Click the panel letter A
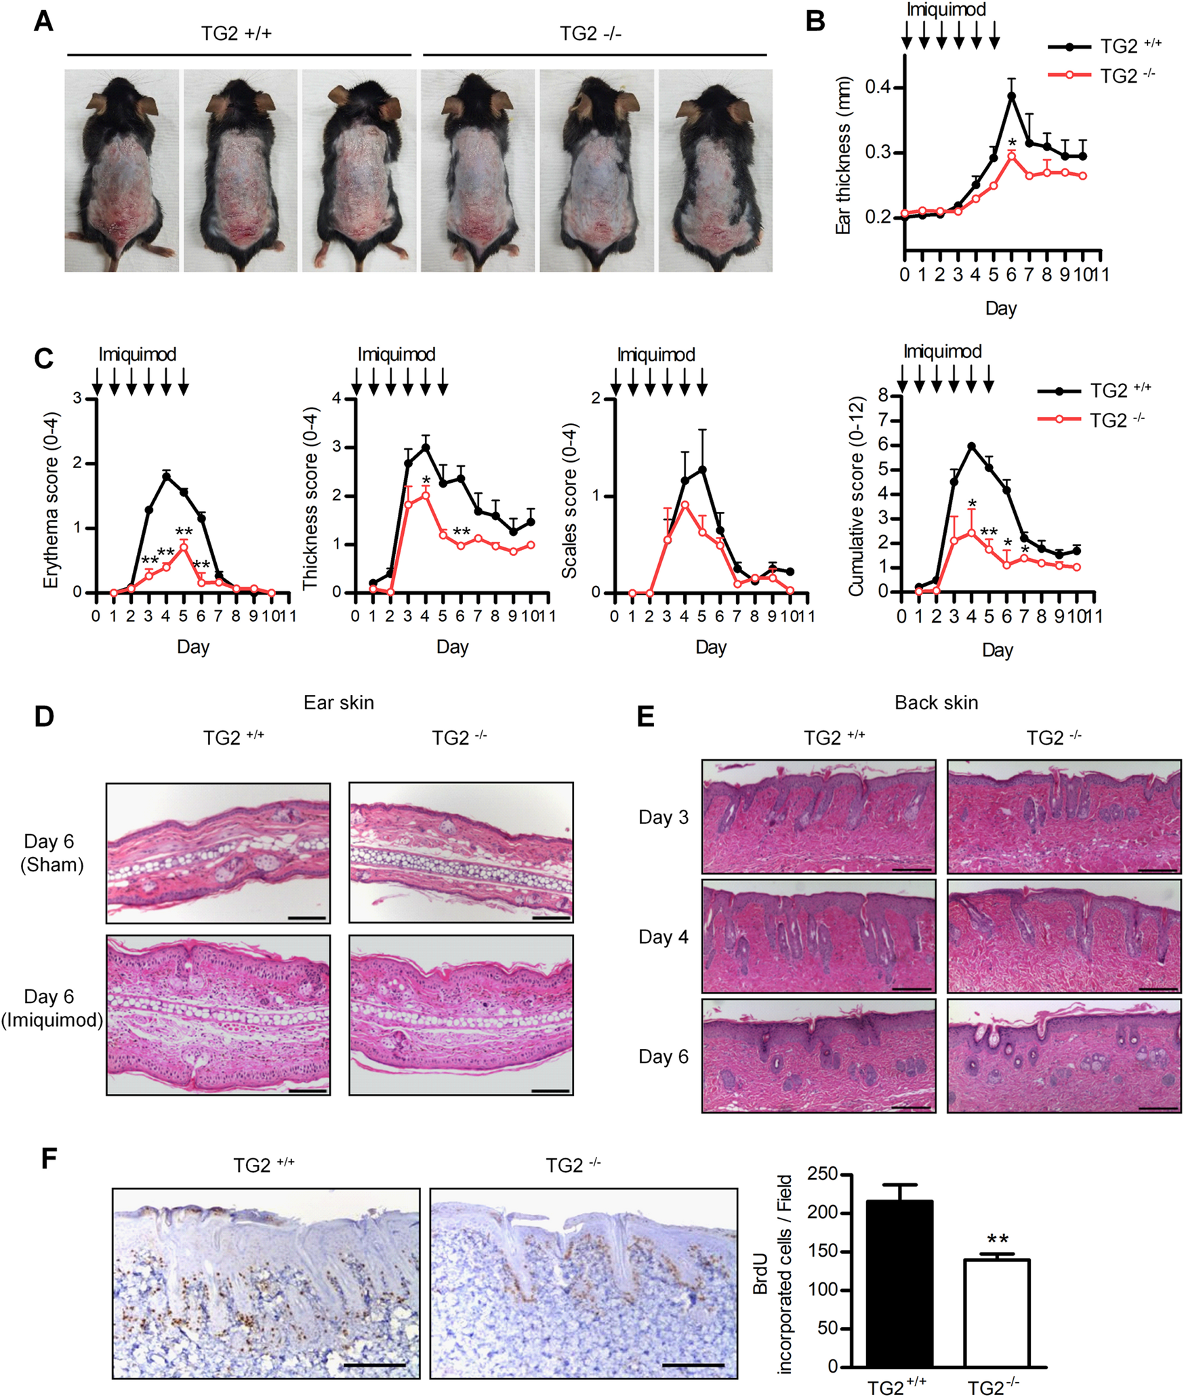[43, 22]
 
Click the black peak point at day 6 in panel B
[1011, 96]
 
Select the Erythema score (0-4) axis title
[52, 500]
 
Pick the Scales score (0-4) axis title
[570, 500]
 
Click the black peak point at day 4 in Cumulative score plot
[972, 446]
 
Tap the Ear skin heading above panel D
[338, 703]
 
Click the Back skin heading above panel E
[936, 703]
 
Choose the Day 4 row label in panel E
[663, 937]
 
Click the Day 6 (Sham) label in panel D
[51, 853]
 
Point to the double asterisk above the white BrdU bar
[997, 1239]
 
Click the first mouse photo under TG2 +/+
[122, 171]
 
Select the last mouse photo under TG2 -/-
[715, 171]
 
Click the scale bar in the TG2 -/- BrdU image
[693, 1364]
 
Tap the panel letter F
[48, 1159]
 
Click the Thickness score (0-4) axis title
[310, 500]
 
